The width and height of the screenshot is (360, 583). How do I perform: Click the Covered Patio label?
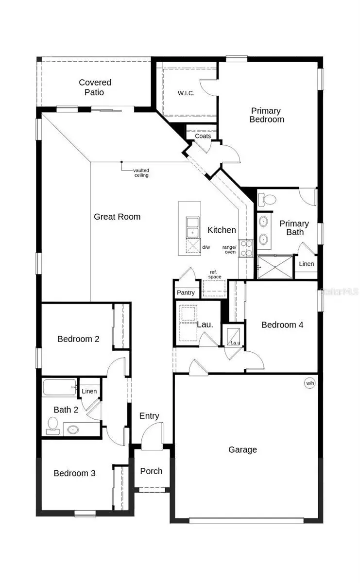coord(95,87)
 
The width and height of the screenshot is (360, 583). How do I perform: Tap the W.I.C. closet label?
coord(186,93)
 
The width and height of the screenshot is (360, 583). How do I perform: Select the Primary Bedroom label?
coord(267,115)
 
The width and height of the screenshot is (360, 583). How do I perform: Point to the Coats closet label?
coord(203,136)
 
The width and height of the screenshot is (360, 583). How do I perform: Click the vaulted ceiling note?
coord(141,172)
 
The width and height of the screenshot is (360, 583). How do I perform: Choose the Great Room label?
coord(117,217)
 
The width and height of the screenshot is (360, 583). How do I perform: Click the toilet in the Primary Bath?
coord(267,198)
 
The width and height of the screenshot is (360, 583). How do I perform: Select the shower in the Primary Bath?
coord(275,267)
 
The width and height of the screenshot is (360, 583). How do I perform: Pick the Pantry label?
coord(186,292)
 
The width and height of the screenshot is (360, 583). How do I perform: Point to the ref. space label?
coord(215,274)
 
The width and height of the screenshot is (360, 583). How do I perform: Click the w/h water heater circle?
coord(310,383)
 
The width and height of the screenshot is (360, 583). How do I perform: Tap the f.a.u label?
coord(235,343)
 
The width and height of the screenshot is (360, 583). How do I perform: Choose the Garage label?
coord(242,449)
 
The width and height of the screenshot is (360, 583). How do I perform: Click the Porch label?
coord(151,471)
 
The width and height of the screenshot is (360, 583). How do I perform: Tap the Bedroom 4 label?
coord(282,325)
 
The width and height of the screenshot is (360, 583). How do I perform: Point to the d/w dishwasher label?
coord(206,247)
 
